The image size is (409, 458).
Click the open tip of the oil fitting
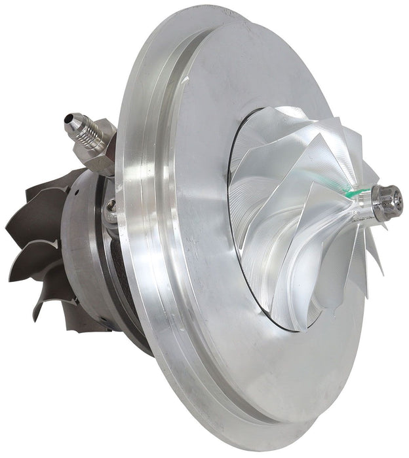pos(69,120)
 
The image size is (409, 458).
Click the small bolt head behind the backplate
pos(112,207)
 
